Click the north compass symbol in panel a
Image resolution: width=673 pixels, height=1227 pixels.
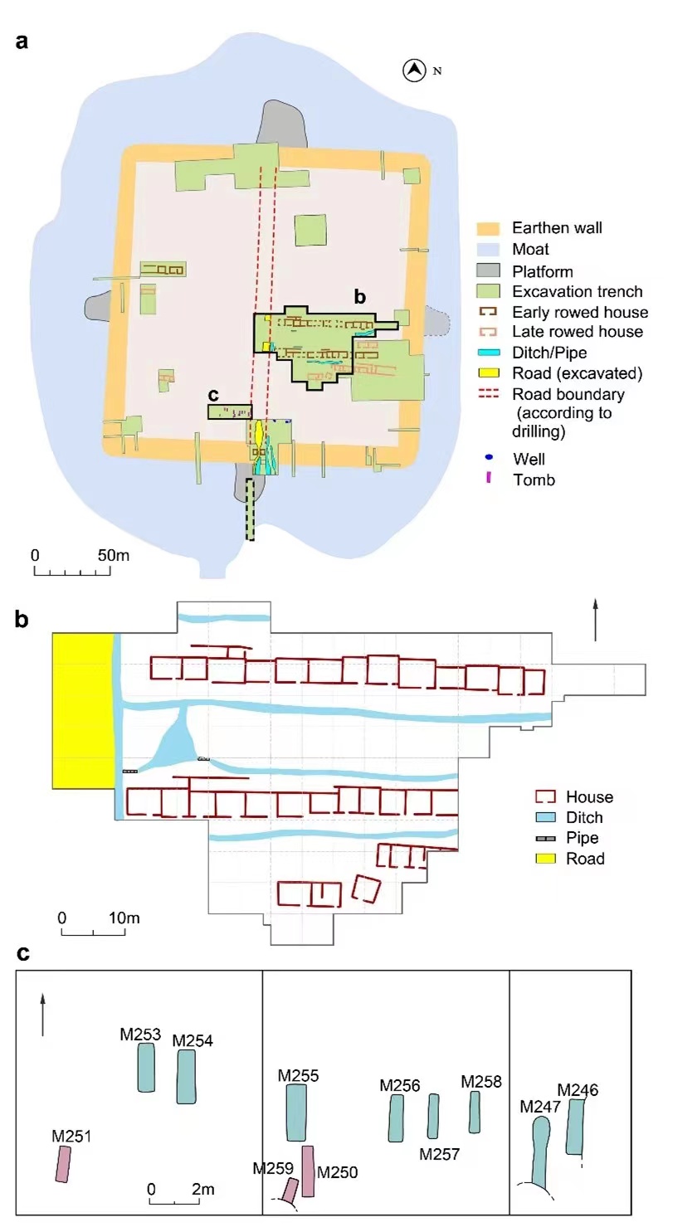tap(414, 71)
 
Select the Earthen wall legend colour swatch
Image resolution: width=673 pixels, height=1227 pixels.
tap(488, 228)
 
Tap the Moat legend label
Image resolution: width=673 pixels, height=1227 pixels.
tap(530, 249)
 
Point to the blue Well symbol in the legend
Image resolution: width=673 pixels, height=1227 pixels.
tap(489, 457)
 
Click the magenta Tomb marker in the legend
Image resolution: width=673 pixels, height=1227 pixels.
tap(488, 478)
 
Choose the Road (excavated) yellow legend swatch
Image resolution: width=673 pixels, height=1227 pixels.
tap(488, 373)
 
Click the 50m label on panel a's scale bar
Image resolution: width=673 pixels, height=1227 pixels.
tap(114, 555)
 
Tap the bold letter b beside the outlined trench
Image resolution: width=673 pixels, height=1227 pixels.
tap(359, 297)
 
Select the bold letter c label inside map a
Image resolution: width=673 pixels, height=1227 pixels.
tap(213, 395)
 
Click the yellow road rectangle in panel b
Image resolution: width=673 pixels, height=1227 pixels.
tap(83, 711)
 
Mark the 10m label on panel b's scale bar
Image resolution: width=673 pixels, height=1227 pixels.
tap(124, 918)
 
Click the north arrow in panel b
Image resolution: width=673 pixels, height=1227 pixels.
tap(595, 620)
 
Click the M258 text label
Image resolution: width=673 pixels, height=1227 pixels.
tap(481, 1081)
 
